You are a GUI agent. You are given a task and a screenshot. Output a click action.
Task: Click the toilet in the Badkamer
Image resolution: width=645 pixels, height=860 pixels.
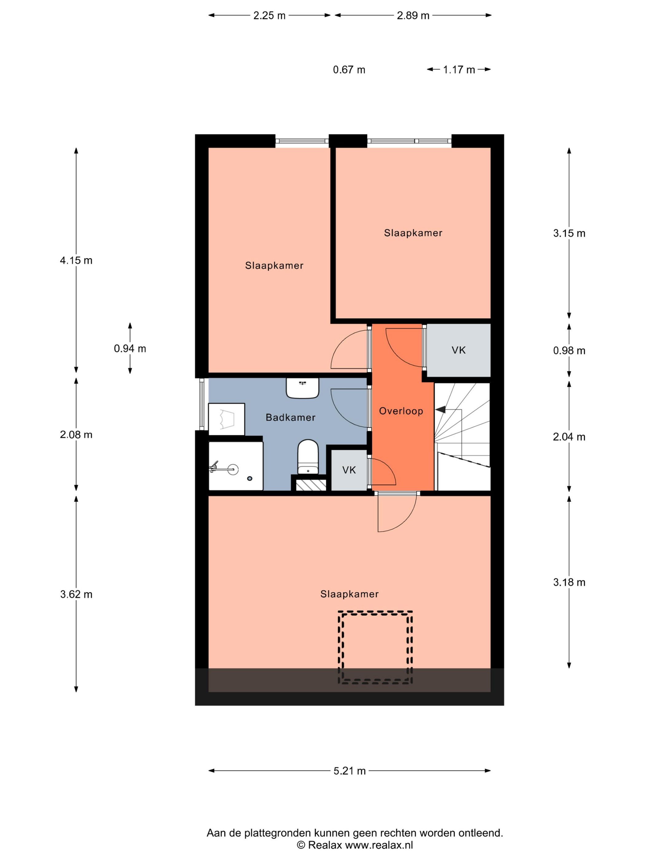click(307, 457)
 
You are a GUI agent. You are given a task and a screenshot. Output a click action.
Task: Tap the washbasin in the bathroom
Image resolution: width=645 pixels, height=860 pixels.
click(303, 388)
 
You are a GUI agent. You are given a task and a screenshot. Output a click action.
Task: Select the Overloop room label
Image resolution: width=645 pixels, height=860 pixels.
click(401, 411)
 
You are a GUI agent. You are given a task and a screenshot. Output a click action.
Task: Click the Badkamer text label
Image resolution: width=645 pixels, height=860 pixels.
click(291, 417)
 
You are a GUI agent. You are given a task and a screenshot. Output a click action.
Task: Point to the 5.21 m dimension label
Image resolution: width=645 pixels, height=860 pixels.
click(350, 771)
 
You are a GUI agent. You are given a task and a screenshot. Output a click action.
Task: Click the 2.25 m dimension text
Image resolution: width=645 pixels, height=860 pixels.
click(269, 16)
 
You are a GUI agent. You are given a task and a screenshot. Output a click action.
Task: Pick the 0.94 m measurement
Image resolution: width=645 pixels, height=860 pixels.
click(130, 349)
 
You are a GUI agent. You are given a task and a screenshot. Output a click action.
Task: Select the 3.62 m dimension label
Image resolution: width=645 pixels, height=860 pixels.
click(76, 594)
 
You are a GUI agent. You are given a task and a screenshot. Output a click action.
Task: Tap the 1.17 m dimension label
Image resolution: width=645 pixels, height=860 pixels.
click(459, 70)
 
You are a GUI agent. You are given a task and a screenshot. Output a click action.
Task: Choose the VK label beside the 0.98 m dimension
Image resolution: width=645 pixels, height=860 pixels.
click(458, 350)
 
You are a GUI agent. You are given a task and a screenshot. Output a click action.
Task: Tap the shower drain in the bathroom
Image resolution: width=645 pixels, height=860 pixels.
click(250, 479)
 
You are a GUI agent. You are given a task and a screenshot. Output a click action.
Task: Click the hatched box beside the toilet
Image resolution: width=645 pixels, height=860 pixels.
click(311, 485)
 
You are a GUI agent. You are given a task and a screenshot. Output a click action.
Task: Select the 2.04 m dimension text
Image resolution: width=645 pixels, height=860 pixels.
click(569, 437)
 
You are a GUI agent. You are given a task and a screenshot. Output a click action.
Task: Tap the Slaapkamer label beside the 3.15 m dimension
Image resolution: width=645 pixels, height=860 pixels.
click(413, 233)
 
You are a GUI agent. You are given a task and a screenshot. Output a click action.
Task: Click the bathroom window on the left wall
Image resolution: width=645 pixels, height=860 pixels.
click(202, 404)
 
